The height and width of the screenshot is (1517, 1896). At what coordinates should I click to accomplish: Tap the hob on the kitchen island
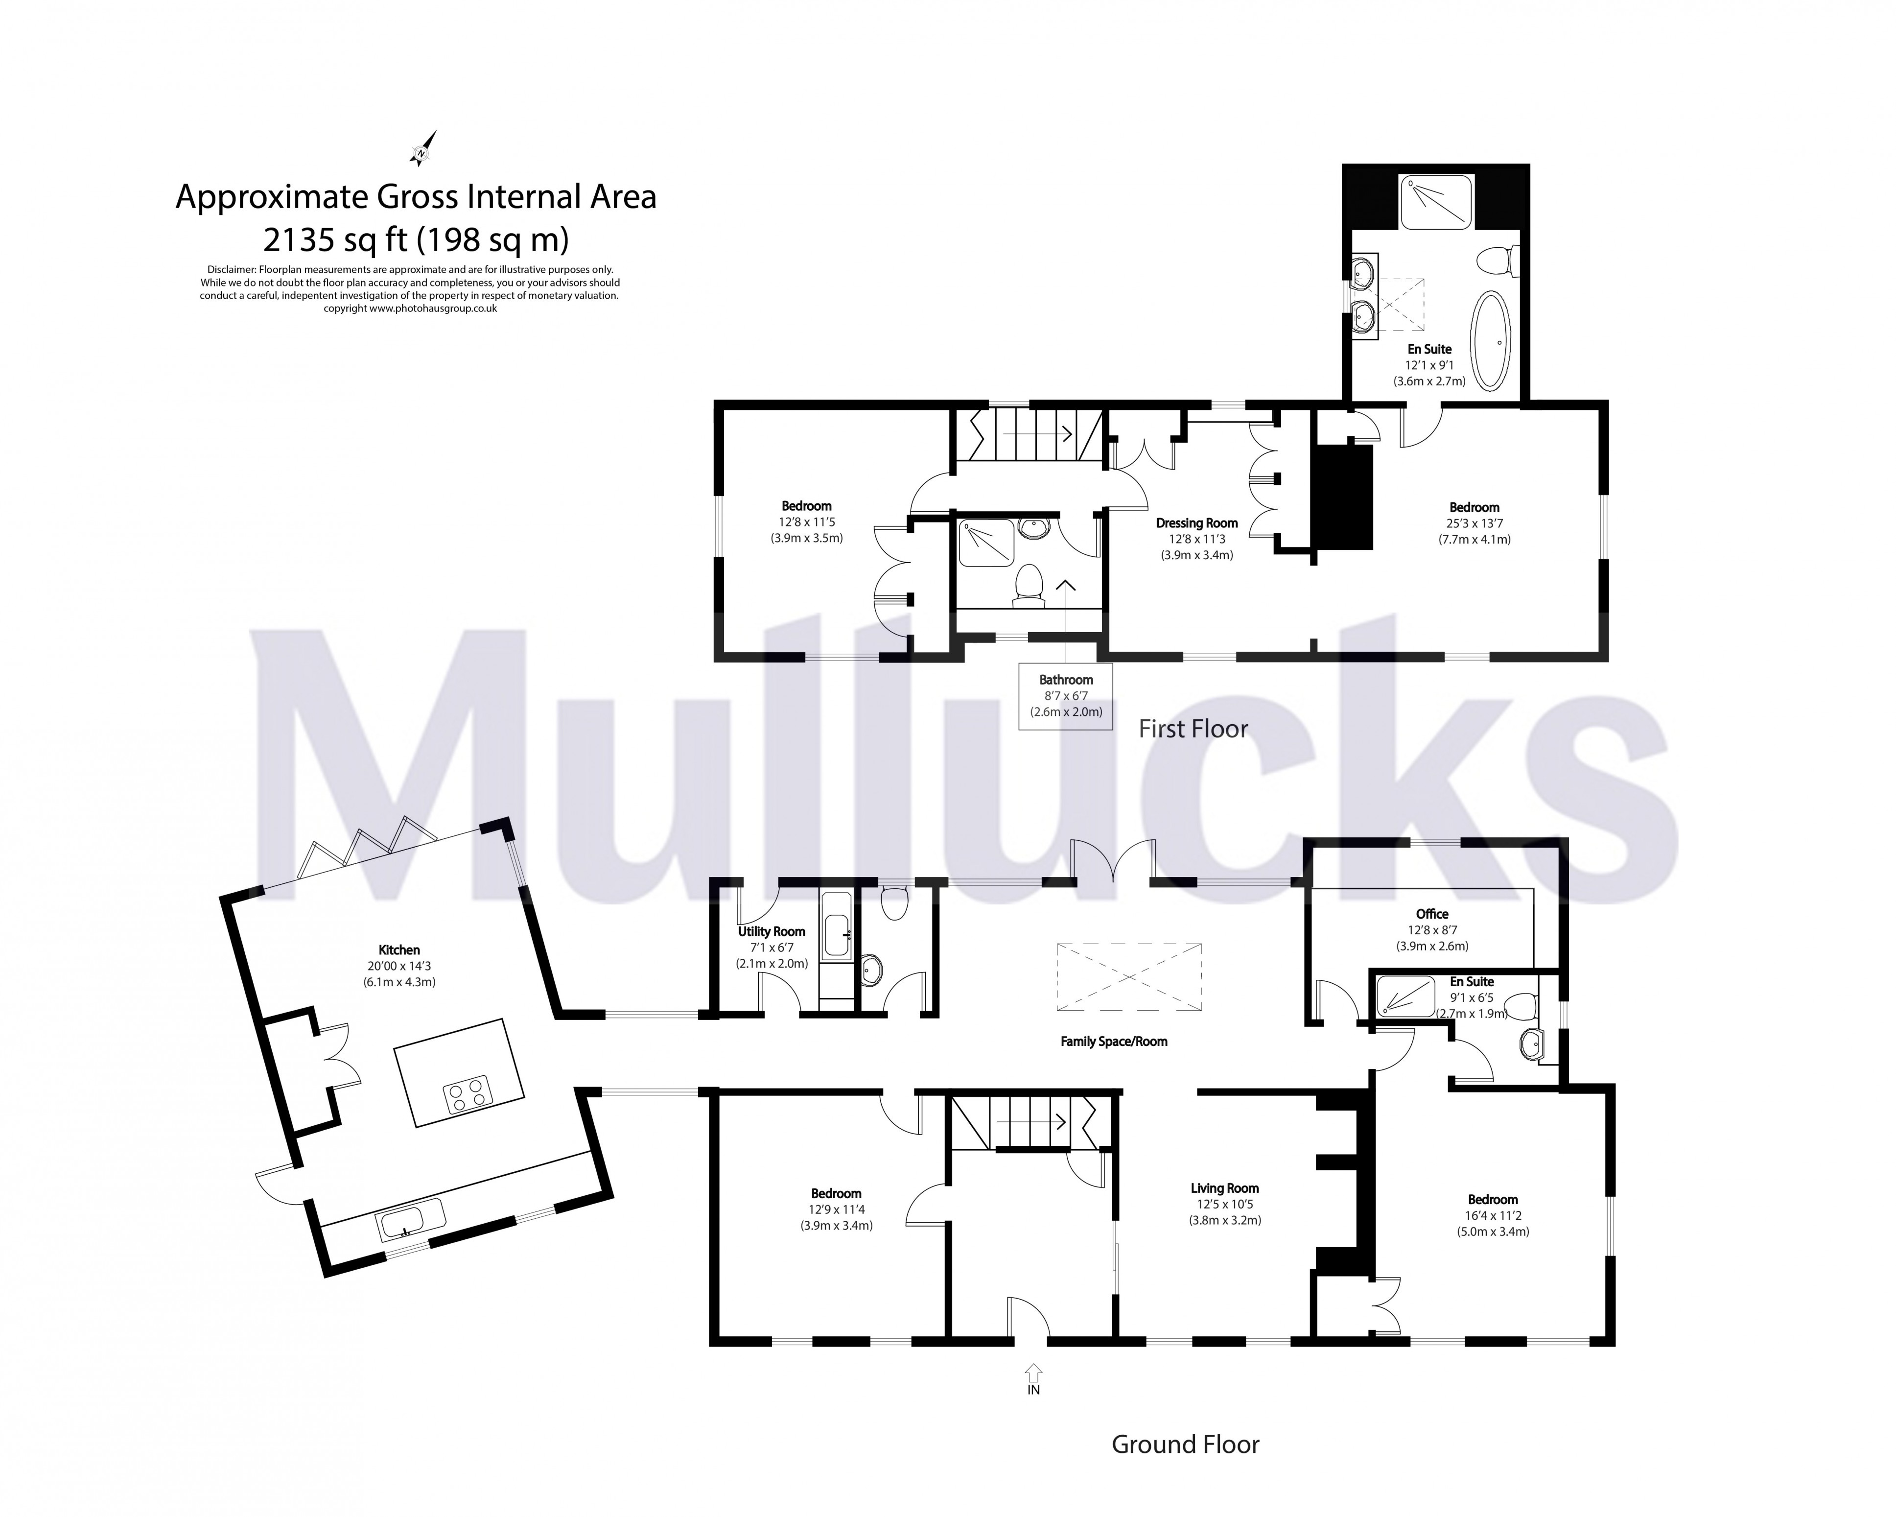(468, 1097)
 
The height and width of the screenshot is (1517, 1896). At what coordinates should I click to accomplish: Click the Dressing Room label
(1196, 523)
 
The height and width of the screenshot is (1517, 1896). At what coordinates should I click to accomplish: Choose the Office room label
(1432, 914)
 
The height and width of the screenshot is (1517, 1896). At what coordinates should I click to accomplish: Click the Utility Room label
(771, 931)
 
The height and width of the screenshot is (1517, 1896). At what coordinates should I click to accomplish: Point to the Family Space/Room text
(1113, 1041)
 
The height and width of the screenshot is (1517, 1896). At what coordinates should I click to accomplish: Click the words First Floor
(1193, 729)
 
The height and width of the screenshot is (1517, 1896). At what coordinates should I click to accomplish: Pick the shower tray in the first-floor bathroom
(985, 543)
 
